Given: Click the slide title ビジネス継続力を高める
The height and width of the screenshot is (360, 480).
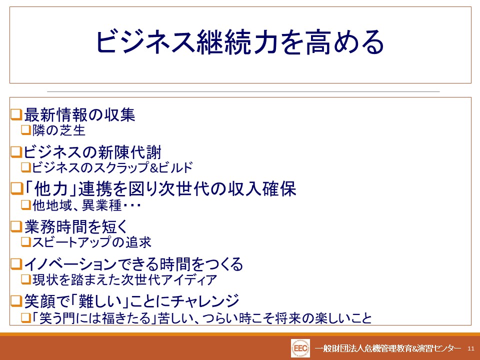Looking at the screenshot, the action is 240,42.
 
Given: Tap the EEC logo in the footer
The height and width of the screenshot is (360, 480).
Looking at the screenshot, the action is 300,348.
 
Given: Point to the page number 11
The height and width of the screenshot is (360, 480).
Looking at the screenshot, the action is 471,348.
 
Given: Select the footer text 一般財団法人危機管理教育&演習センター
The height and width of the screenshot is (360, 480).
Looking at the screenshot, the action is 388,348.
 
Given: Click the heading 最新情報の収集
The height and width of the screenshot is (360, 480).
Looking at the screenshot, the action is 79,115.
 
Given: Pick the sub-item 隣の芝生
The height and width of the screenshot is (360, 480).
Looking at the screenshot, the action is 59,130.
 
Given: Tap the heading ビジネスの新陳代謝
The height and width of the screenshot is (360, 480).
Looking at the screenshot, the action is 92,152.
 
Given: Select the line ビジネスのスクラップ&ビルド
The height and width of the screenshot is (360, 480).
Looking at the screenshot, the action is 112,167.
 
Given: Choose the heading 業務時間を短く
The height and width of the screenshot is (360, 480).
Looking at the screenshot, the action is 75,227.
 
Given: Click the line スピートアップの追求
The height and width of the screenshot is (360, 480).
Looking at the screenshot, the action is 92,242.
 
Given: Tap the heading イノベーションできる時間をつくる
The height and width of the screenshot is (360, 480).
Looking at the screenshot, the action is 133,264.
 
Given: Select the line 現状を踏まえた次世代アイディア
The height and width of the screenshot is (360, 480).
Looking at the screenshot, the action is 125,279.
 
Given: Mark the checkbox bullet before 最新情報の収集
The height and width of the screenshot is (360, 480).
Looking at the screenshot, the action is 17,114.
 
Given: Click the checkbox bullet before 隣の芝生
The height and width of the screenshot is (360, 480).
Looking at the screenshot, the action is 26,130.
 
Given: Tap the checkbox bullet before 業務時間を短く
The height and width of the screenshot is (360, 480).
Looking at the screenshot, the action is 17,226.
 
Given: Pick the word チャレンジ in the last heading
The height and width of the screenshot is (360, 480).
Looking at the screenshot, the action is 205,301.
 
